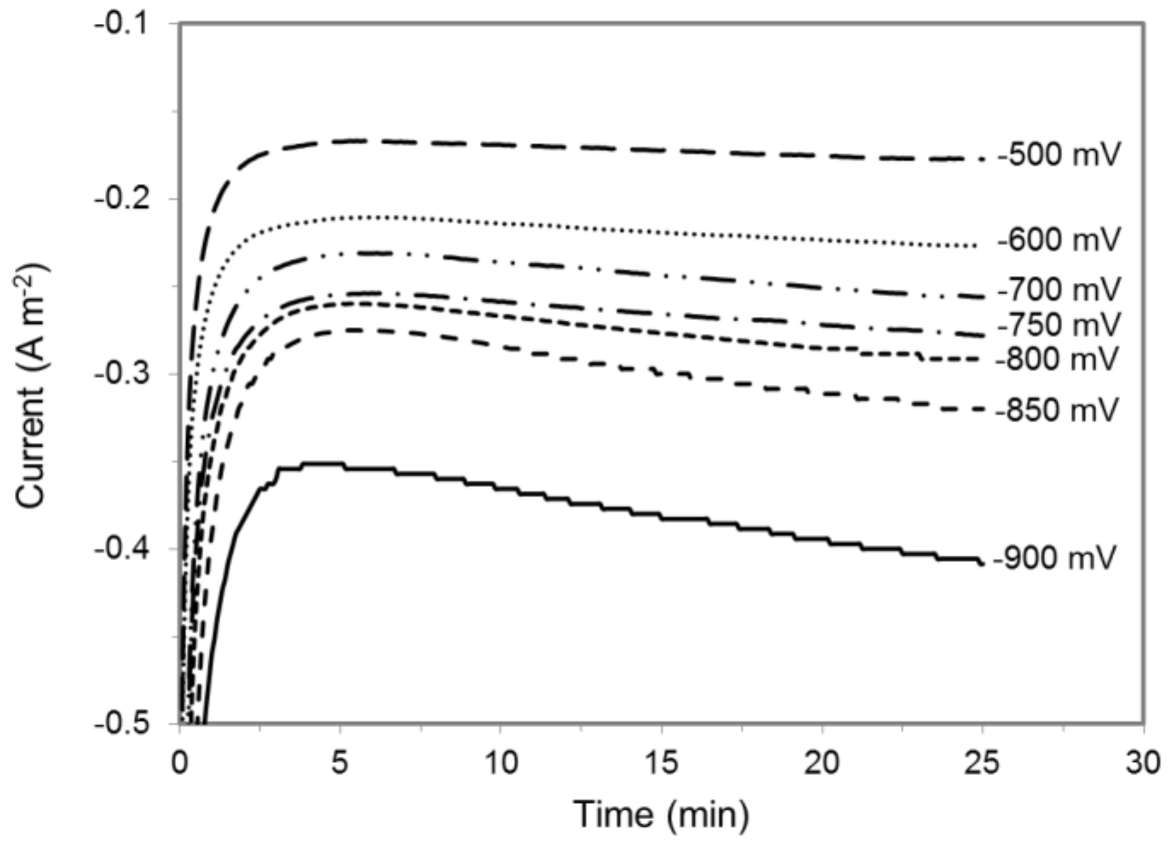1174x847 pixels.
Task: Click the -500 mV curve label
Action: (1059, 155)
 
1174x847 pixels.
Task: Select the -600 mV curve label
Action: (1059, 240)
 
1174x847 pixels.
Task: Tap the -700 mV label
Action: (1059, 290)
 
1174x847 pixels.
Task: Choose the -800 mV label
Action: (1058, 359)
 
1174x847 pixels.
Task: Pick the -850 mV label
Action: (1058, 410)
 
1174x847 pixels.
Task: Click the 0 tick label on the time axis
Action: (180, 763)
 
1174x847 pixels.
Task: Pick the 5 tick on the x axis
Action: (340, 763)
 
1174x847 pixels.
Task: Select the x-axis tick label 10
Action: (501, 763)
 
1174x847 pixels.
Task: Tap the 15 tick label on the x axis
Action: (661, 763)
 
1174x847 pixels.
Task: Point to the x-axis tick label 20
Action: (822, 763)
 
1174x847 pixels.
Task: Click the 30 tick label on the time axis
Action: (1143, 763)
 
